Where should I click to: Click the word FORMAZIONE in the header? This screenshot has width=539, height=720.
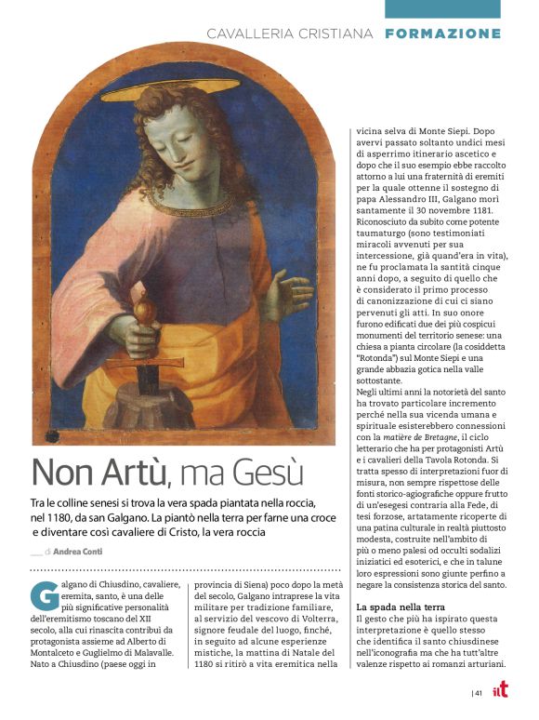coord(442,33)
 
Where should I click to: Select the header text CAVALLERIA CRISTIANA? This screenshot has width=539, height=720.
coord(290,33)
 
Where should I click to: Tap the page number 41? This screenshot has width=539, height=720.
coord(478,692)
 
